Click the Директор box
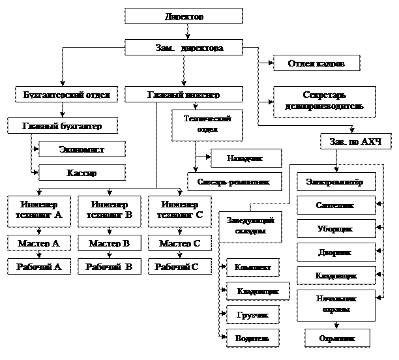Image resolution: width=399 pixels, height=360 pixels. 183,16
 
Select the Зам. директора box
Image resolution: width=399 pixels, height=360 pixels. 183,48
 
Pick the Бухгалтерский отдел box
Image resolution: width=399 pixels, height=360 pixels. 66,95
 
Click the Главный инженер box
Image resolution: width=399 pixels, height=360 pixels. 183,95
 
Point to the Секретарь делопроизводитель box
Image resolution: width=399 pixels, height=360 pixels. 324,100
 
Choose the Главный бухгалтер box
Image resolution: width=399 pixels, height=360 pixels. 63,125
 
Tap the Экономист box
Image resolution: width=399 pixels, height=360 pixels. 81,149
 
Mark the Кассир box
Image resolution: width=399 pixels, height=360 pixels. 81,173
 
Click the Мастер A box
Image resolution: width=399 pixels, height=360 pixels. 38,243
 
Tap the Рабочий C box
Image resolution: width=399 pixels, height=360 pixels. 179,266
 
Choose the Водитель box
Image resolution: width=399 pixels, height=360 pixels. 248,338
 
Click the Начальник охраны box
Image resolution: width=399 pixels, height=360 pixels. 336,304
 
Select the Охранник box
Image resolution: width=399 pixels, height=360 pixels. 337,338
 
